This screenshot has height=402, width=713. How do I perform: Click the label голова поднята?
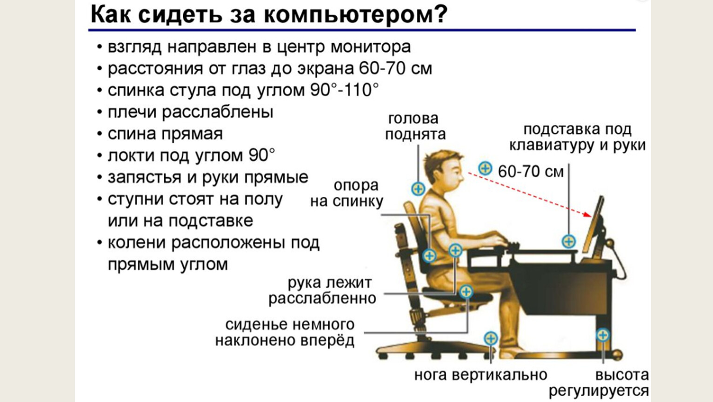coord(415,127)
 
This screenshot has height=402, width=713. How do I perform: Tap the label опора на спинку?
coord(347,194)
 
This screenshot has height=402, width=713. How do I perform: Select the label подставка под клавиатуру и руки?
coord(577,137)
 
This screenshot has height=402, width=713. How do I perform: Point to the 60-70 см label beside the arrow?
coord(531,172)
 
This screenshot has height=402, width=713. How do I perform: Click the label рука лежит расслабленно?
coord(322,291)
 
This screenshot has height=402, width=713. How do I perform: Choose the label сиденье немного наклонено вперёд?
coord(285,332)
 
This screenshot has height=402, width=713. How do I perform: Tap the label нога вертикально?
coord(480,375)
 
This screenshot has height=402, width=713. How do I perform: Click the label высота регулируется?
coord(599,383)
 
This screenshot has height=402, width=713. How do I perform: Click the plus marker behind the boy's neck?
coord(418,189)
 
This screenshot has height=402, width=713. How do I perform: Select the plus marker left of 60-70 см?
coord(485,168)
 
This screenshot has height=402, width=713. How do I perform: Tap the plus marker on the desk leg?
coord(603,335)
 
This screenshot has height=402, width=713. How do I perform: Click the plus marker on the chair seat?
coord(466,291)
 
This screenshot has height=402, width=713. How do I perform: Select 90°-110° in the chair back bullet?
coord(344,90)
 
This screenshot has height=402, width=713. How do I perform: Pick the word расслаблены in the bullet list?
coord(218,112)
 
